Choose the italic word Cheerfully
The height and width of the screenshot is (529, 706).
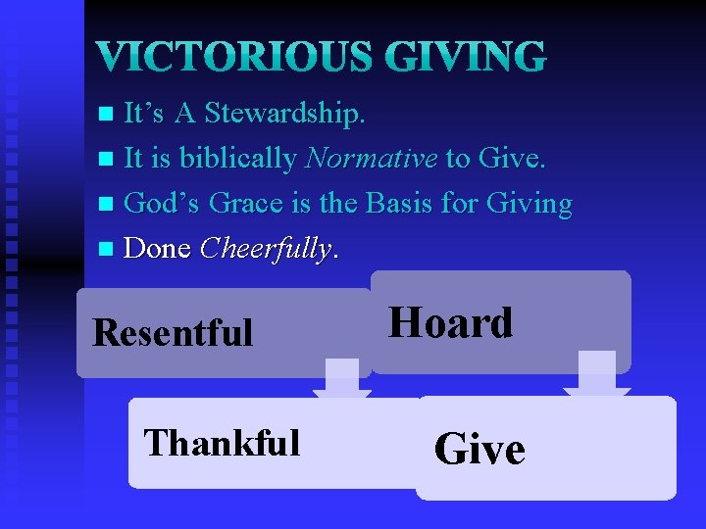coord(266,249)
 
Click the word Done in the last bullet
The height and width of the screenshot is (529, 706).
coord(157,249)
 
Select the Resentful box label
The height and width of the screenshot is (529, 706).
coord(173,333)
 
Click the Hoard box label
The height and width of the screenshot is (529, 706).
coord(451,323)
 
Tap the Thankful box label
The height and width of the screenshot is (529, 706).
coord(222,443)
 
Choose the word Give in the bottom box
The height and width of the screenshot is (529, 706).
coord(479,450)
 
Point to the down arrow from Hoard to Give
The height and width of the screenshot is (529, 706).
coord(596,373)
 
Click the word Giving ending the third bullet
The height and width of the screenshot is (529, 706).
coord(528,204)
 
